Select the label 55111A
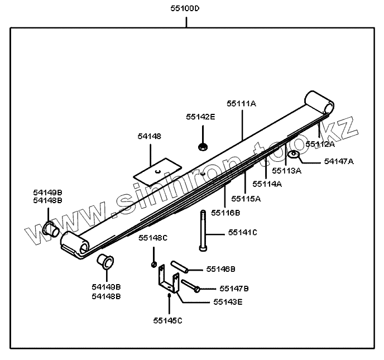(241, 103)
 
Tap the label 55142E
(200, 117)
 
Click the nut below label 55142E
(202, 147)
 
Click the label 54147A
(339, 161)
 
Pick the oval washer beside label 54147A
(295, 154)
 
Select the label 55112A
(320, 144)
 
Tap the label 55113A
(287, 170)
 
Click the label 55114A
(267, 183)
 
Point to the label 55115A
(246, 198)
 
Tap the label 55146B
(220, 268)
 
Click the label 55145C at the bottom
(168, 320)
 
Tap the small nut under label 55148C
(153, 263)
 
